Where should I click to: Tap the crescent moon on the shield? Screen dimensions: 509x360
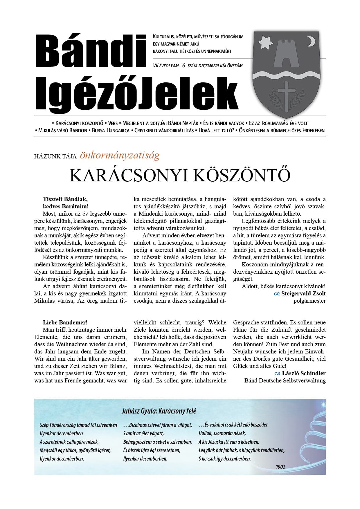coord(311,41)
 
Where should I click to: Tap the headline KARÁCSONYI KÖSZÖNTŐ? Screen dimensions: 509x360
coord(180,175)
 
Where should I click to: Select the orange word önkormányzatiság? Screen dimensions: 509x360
coord(120,155)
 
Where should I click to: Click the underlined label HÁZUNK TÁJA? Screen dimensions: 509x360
coord(55,157)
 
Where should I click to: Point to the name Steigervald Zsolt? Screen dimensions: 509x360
coord(303,294)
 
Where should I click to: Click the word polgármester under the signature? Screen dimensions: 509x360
coord(309,301)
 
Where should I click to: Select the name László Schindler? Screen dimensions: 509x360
coord(303,373)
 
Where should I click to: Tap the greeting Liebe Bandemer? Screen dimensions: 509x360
coord(65,322)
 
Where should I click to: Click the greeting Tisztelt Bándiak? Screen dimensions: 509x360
coord(65,199)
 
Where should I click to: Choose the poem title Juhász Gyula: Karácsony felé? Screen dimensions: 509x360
coord(159,411)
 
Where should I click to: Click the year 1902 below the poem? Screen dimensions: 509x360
coord(280,467)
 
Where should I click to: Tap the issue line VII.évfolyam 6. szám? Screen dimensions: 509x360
coord(197,66)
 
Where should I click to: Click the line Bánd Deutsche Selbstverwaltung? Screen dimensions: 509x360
coord(285,380)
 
